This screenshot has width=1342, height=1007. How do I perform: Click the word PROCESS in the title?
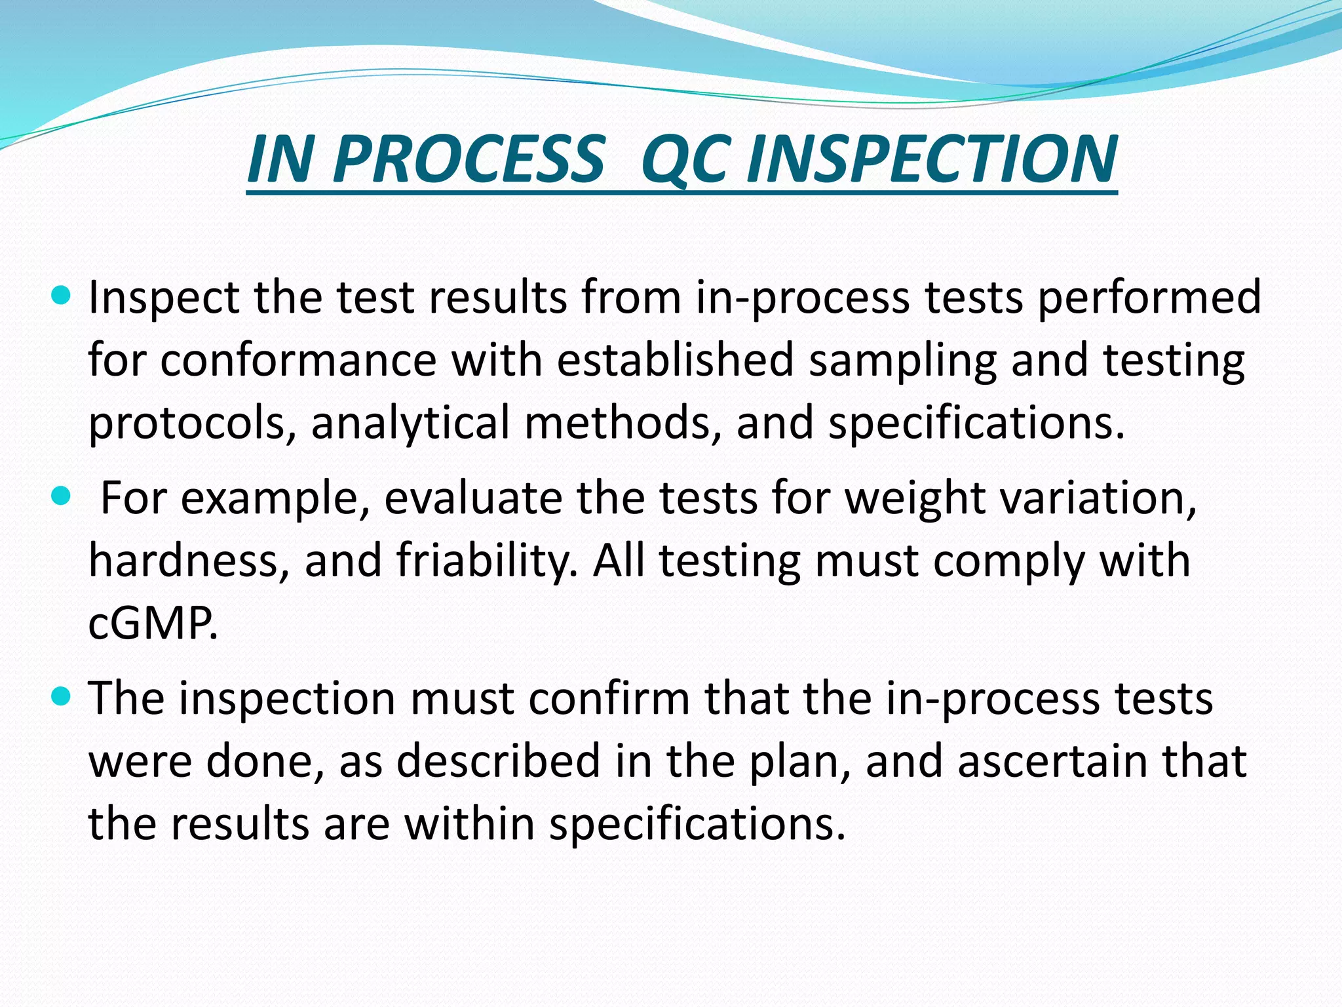(x=468, y=159)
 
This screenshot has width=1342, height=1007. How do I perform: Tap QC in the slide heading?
(x=683, y=159)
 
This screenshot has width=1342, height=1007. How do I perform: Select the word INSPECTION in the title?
(x=931, y=159)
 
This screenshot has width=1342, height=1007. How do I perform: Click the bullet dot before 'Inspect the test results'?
(x=60, y=296)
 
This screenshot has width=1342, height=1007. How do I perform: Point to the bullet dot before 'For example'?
(x=60, y=497)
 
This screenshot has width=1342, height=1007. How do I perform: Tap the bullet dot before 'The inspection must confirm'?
(x=60, y=698)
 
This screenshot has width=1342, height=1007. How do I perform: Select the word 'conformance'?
(x=298, y=361)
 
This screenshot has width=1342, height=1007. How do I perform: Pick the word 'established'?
(x=676, y=361)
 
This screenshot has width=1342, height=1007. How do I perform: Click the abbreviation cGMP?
(x=152, y=623)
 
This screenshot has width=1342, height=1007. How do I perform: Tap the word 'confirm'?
(x=609, y=699)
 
